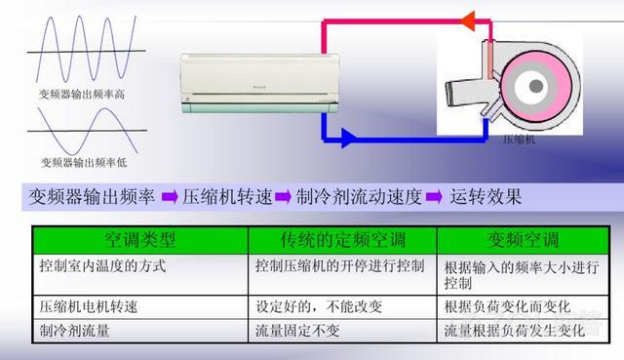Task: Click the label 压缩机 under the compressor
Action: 519,140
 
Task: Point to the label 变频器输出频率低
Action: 83,162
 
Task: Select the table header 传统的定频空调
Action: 341,239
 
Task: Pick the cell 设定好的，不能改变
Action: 317,306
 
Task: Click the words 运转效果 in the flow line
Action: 487,196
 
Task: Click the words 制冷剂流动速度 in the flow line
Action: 359,196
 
